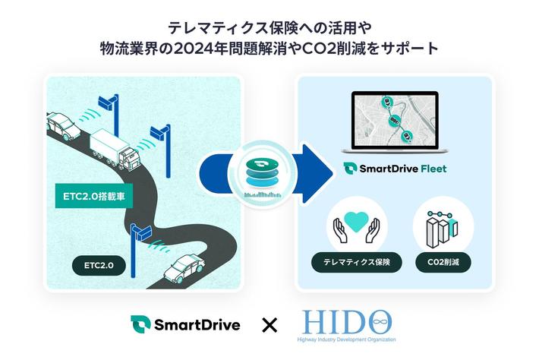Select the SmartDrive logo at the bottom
(x=185, y=325)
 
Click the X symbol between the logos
(x=269, y=326)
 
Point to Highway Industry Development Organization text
(x=354, y=339)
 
